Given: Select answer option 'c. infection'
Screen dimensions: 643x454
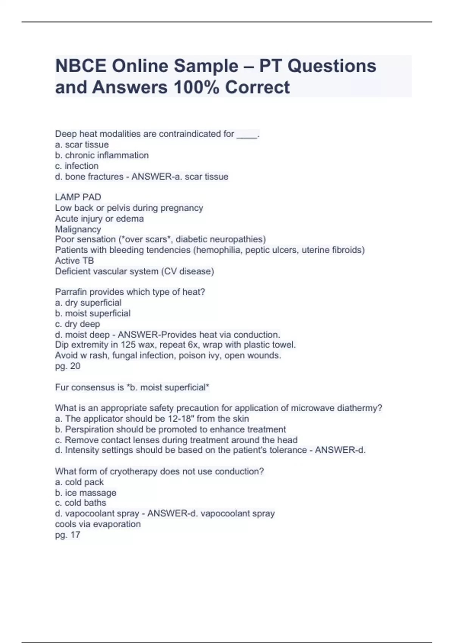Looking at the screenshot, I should coord(77,166).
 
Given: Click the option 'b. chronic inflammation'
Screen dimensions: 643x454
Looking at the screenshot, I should coord(102,155).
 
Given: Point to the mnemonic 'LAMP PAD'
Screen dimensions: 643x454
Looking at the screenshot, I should coord(78,197).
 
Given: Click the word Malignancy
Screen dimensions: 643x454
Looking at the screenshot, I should coord(78,229).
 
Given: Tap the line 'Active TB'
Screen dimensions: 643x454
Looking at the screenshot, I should coord(75,261).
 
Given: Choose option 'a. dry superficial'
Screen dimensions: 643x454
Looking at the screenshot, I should coord(88,303).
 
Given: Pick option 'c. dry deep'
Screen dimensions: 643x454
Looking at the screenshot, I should coord(78,324).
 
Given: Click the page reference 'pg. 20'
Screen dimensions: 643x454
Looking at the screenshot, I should coord(68,366).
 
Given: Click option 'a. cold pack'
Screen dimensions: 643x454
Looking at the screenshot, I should coord(79,482).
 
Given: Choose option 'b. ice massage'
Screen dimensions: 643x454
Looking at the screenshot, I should coord(86,493).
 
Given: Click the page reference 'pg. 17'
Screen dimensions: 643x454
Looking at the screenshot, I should coord(68,535).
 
